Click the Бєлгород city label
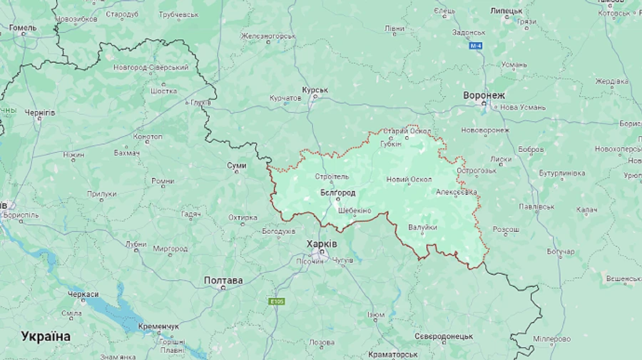(x=338, y=192)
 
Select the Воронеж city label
(x=484, y=96)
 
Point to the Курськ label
(x=315, y=90)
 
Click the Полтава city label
(x=223, y=280)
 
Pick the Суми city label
(x=236, y=165)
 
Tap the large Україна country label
(x=46, y=336)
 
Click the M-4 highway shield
(x=477, y=46)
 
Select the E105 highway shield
(x=277, y=302)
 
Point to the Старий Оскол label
(x=407, y=131)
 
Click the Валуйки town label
(x=422, y=227)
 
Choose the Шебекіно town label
(x=355, y=210)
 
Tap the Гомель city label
(x=22, y=28)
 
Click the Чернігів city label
(x=40, y=113)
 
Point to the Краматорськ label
(x=393, y=354)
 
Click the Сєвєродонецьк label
(x=444, y=336)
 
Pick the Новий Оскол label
(x=409, y=180)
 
